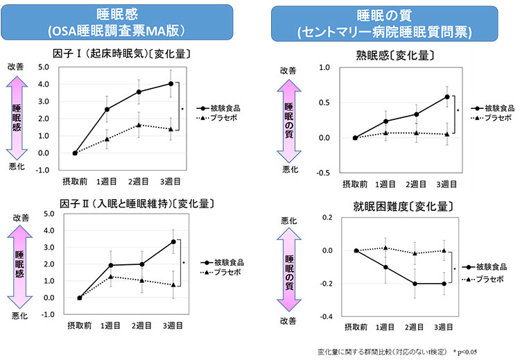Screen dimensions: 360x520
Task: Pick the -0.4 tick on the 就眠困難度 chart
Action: pyautogui.click(x=325, y=317)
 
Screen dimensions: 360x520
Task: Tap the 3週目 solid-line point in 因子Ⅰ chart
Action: pyautogui.click(x=171, y=84)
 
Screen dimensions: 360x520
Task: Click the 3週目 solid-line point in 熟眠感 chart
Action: pyautogui.click(x=447, y=96)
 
